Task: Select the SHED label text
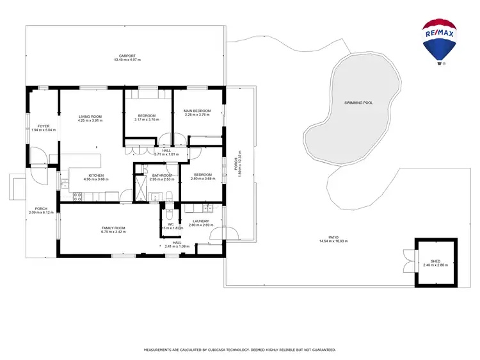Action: pos(435,261)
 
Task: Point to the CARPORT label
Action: pos(127,56)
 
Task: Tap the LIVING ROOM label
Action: pos(90,117)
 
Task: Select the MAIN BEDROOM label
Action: pos(197,111)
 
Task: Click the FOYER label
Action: pos(44,126)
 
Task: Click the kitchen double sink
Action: pos(65,184)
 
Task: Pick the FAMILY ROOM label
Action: pos(113,228)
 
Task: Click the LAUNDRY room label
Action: pos(200,222)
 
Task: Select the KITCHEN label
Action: pos(96,176)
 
